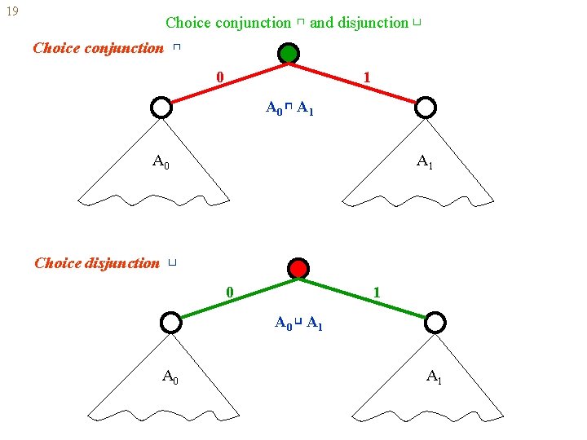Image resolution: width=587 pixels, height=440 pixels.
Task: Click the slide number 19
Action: click(11, 12)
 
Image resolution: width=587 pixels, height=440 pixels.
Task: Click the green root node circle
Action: click(288, 55)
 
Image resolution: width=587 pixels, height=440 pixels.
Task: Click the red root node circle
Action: click(298, 269)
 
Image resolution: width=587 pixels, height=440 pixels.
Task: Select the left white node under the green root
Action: click(161, 108)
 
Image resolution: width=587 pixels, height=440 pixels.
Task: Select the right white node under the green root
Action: click(426, 108)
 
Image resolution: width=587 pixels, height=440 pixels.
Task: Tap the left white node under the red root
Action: click(170, 323)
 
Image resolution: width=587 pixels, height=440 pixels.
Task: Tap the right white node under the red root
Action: click(435, 323)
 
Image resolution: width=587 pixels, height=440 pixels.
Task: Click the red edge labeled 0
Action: click(224, 81)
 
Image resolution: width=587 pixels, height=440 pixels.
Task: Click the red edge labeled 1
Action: click(357, 81)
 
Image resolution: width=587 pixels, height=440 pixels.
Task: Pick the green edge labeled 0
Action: click(235, 296)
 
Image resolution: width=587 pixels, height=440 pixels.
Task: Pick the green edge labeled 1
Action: click(367, 296)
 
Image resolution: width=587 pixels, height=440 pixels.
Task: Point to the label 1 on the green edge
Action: click(376, 292)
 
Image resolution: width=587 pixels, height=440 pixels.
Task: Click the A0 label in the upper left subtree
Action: click(161, 161)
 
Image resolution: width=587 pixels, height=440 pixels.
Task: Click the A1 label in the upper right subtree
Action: click(425, 161)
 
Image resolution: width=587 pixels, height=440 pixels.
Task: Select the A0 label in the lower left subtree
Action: click(170, 376)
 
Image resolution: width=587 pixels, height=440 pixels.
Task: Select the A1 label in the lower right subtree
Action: click(435, 376)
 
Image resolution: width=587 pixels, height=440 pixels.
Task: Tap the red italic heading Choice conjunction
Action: click(98, 48)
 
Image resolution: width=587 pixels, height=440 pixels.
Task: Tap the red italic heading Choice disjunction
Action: click(97, 263)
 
